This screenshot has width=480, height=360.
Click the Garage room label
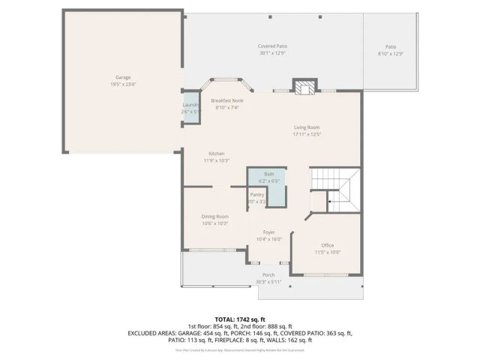coord(124,77)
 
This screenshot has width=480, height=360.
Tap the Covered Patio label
coord(273,46)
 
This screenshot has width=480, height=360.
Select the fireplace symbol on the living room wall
coord(304,87)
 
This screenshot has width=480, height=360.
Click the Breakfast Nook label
coord(226,100)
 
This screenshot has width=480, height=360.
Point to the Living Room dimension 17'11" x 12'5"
coord(307,135)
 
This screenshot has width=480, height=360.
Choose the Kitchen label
coord(217,154)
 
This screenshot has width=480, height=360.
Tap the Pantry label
coord(257,195)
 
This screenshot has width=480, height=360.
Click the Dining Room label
coord(214,217)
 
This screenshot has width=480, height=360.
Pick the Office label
coord(327,245)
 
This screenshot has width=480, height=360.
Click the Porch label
coord(268,275)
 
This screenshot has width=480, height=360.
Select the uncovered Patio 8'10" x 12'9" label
coord(391,46)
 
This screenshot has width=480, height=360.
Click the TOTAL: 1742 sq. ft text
coord(240,319)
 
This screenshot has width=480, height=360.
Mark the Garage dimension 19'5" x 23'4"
coord(124,84)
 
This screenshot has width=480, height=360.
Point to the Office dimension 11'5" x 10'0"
coord(327,252)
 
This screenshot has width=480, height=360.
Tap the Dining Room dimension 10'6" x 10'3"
coord(214,223)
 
